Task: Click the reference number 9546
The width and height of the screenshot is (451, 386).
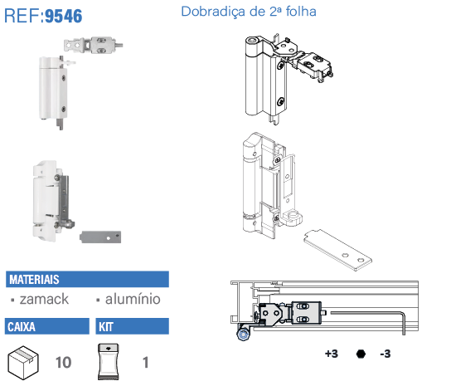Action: tap(64, 16)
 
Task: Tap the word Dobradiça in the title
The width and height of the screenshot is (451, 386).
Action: tap(213, 12)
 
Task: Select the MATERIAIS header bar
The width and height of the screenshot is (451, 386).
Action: tap(87, 279)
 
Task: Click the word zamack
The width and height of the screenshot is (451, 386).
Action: tap(44, 299)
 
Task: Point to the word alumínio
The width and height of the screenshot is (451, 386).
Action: tap(133, 299)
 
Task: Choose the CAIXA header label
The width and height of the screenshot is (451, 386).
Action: tap(22, 327)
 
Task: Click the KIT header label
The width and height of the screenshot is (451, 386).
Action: tap(106, 327)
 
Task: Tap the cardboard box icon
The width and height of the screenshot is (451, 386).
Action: tap(23, 363)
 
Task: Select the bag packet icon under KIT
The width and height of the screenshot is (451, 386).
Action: tap(108, 362)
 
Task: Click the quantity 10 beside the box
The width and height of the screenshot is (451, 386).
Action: tap(63, 363)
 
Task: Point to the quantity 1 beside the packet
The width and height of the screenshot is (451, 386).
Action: tap(146, 363)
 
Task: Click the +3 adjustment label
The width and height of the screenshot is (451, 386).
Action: tap(332, 354)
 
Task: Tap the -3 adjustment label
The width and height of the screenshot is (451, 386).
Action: tap(386, 354)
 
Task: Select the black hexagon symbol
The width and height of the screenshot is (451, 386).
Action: tap(361, 354)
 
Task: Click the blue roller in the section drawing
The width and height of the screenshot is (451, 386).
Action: tap(244, 335)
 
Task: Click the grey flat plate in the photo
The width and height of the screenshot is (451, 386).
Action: tap(100, 237)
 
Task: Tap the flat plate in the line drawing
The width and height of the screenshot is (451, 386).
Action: tap(338, 250)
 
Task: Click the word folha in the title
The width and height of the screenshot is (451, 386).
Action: tap(301, 12)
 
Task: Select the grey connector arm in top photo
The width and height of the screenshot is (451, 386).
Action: tap(94, 45)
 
